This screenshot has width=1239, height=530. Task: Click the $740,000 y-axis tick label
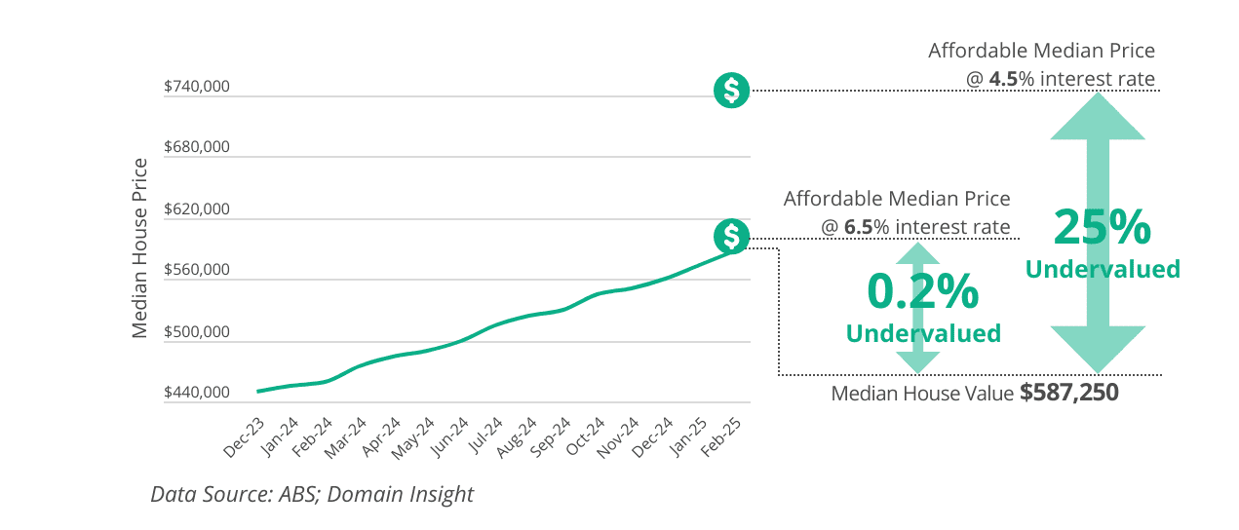pos(197,87)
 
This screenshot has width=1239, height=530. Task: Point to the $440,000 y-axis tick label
pos(197,393)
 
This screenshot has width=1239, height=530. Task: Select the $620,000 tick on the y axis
pos(197,209)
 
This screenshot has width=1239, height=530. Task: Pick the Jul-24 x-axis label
pos(485,437)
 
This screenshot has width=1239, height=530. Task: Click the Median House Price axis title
pos(140,247)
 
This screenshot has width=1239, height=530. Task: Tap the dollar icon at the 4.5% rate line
pos(731,90)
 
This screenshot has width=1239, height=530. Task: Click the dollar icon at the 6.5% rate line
pos(731,236)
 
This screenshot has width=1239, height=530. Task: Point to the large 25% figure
pos(1103,227)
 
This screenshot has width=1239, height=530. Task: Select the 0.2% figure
pos(922,290)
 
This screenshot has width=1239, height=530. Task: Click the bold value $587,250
pos(1068,394)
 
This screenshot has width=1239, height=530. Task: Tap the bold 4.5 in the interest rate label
pos(1003,79)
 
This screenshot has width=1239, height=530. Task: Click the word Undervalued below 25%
pos(1103,269)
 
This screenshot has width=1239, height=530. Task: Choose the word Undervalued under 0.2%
pos(922,333)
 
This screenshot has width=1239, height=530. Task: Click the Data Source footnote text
pos(312,494)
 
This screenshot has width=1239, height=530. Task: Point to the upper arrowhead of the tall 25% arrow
pos(1098,114)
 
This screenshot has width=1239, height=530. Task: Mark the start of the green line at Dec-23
pos(258,391)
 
